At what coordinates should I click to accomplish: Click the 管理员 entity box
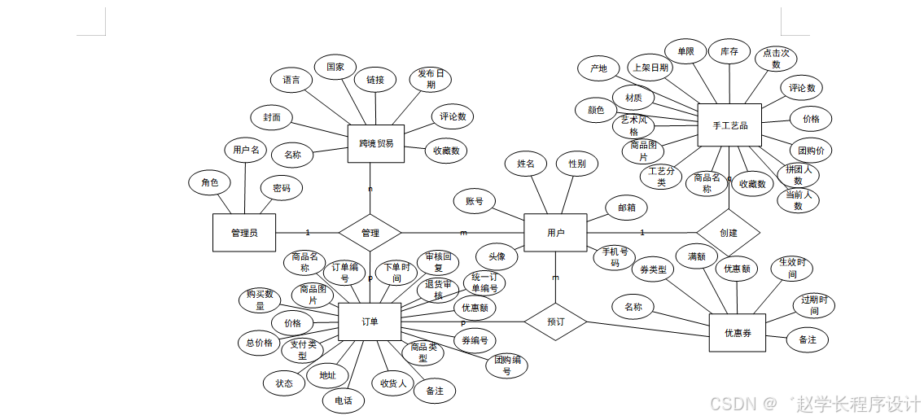tap(243, 233)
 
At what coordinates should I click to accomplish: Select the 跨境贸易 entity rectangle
tap(375, 143)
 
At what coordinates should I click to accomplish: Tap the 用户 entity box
tap(555, 233)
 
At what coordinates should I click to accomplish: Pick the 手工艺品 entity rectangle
tap(729, 125)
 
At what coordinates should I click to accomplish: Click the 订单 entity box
tap(370, 322)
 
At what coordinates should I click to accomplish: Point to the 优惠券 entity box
tap(738, 333)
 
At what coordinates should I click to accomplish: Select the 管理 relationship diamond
tap(370, 233)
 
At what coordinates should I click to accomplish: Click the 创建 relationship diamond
tap(728, 233)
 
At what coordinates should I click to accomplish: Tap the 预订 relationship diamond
tap(555, 322)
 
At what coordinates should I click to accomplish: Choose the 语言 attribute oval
tap(291, 80)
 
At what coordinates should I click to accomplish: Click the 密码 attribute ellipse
tap(282, 188)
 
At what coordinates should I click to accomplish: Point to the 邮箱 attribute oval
tap(626, 208)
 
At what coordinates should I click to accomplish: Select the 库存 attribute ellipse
tap(729, 50)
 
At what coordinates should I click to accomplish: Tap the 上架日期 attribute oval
tap(650, 68)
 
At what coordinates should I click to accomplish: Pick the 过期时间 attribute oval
tap(814, 305)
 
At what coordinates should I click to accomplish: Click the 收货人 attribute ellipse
tap(392, 383)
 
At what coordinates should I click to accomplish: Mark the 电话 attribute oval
tap(343, 400)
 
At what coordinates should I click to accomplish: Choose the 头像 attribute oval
tap(497, 256)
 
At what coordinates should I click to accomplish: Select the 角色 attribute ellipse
tap(209, 183)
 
